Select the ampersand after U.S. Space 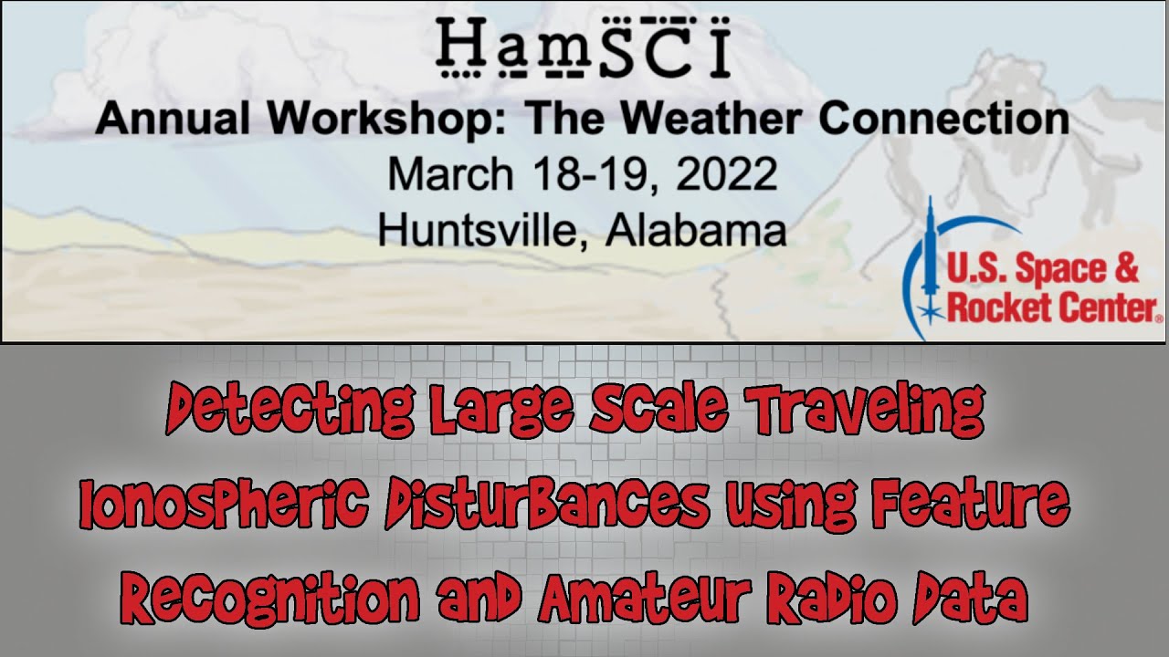1127,270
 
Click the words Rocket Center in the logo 1050,308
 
